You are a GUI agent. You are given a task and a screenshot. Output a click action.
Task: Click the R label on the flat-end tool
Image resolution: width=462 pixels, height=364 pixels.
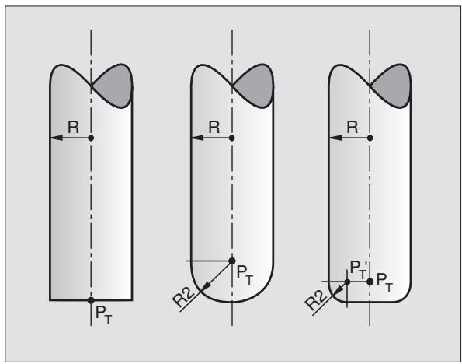point(73,128)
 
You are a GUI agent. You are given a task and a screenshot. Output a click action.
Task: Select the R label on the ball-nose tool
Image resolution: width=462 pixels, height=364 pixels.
point(214,128)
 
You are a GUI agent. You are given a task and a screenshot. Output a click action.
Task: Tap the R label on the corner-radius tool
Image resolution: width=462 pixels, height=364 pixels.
point(353,128)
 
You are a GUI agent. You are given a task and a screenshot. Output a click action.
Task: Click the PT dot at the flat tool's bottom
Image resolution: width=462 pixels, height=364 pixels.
point(91,300)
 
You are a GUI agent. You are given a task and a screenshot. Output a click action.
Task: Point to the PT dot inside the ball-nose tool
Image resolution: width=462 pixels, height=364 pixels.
point(232,261)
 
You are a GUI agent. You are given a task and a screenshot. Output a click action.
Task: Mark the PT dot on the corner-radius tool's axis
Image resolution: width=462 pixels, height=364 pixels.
point(370,282)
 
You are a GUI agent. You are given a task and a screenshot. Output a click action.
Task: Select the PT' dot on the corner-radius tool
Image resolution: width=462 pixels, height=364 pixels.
point(347,282)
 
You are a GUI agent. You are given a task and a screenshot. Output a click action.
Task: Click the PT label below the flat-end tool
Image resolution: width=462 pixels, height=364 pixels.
point(104,315)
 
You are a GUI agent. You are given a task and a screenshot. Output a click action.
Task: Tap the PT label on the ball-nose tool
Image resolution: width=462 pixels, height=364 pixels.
point(245,275)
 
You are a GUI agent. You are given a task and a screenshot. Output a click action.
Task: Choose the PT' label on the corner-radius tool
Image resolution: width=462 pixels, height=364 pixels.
point(358,269)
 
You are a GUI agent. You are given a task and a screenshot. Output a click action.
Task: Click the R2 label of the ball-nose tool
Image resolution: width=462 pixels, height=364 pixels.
point(184,297)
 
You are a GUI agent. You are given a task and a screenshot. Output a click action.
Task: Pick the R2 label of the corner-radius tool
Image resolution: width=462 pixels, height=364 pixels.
point(316,300)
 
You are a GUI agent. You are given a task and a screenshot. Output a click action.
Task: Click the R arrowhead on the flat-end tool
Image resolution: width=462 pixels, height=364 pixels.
point(57,138)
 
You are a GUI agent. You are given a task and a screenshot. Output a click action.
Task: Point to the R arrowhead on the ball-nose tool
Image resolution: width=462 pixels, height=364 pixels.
point(198,138)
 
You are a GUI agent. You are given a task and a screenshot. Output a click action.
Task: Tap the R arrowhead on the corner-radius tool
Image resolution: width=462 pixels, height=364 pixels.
point(335,138)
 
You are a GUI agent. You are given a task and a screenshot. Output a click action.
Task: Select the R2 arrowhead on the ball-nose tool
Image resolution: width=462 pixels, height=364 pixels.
point(207,286)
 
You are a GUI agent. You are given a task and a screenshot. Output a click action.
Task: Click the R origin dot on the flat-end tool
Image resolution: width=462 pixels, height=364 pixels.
point(91,138)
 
